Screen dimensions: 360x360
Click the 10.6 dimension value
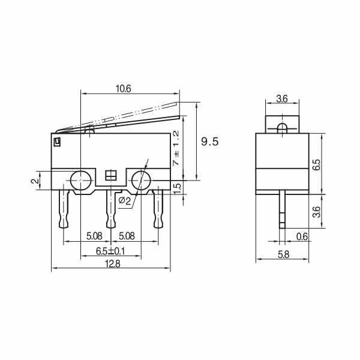(123, 89)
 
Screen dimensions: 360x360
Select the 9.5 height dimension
(209, 142)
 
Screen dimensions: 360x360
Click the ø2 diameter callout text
(125, 200)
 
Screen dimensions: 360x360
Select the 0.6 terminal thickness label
(302, 237)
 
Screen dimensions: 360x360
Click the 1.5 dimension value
(176, 187)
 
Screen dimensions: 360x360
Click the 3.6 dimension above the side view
(281, 98)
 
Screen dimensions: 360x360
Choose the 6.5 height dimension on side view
(316, 164)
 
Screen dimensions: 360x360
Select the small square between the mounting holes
(110, 176)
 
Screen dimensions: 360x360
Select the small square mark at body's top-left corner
(58, 142)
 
